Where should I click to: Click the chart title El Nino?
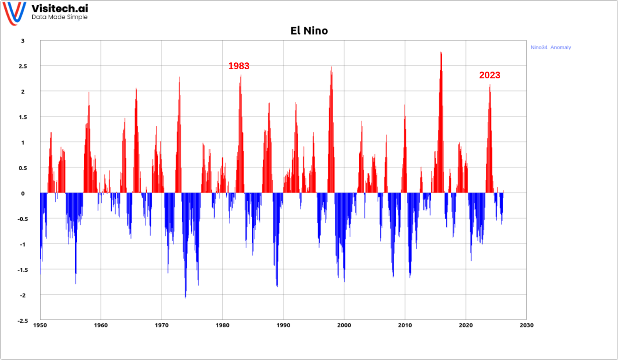tap(309, 31)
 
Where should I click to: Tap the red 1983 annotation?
tap(239, 66)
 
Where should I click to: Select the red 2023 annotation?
tap(490, 75)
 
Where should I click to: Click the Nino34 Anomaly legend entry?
tap(550, 47)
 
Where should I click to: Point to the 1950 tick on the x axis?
tap(40, 325)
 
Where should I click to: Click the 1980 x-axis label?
tap(222, 325)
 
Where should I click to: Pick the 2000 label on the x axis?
tap(344, 325)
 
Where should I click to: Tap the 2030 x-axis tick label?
tap(526, 325)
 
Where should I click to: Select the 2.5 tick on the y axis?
tap(23, 66)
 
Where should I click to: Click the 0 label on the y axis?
tap(23, 193)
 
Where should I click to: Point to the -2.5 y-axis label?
tap(23, 321)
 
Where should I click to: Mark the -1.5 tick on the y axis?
tap(23, 270)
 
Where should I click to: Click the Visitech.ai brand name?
tap(60, 8)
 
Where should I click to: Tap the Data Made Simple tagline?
tap(60, 17)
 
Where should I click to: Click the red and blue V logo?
tap(14, 13)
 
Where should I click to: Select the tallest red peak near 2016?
tap(441, 53)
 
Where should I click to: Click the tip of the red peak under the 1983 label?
tap(241, 76)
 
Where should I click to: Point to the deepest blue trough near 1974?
tap(185, 297)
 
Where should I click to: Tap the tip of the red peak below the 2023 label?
tap(490, 85)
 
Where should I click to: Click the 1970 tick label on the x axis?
tap(161, 325)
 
